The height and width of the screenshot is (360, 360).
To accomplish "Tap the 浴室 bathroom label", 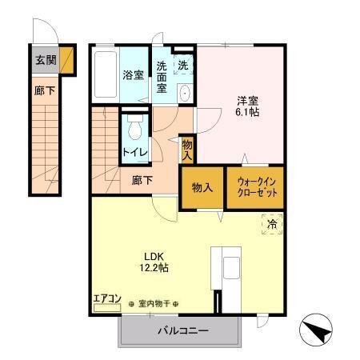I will (x=133, y=74).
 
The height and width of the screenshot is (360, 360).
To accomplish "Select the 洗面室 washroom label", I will (x=162, y=77).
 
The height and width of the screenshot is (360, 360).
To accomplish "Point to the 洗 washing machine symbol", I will (x=183, y=66).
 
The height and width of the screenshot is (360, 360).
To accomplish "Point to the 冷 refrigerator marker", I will (x=273, y=226).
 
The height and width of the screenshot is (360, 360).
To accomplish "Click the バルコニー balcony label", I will (x=182, y=330).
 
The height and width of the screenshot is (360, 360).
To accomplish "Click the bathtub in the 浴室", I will (x=105, y=74).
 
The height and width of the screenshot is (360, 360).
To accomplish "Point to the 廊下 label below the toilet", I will (x=142, y=180).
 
